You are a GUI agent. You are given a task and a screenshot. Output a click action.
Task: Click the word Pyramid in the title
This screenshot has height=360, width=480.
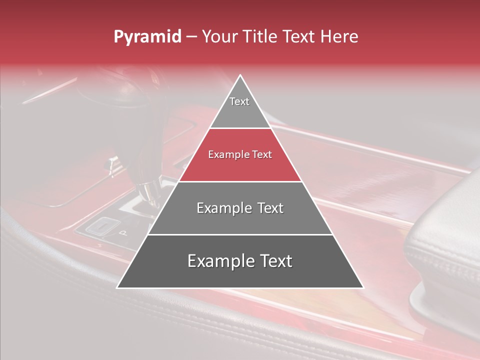tap(147, 37)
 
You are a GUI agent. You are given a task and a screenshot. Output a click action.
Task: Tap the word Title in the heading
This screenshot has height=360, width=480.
tap(262, 37)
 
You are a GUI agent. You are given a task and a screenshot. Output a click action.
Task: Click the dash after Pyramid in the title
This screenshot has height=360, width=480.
tap(191, 37)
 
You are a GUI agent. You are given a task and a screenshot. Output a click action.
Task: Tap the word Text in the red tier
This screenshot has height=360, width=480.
tap(262, 155)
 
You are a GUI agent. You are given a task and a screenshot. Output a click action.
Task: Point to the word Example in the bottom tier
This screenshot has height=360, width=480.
tap(217, 261)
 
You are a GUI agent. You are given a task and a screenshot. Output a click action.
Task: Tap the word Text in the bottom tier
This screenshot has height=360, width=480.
tap(274, 261)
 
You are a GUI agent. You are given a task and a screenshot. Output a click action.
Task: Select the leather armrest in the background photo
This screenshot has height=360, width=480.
tap(445, 250)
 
